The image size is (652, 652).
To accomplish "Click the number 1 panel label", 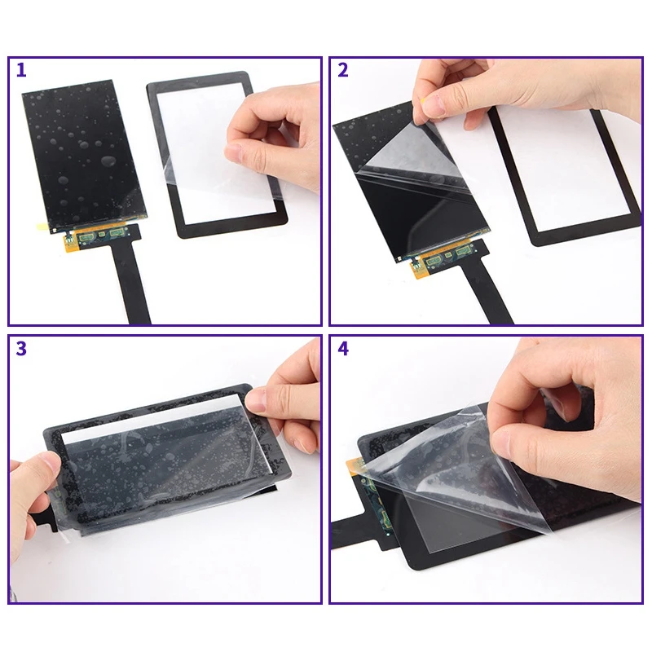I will (21, 70).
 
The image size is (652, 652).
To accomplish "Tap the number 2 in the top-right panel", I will (342, 70).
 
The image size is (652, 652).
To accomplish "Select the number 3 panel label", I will (21, 349).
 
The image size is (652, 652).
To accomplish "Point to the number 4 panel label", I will (342, 349).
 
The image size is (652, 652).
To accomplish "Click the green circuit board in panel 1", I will (102, 236).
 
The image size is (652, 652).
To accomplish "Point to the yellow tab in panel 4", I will (354, 468).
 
